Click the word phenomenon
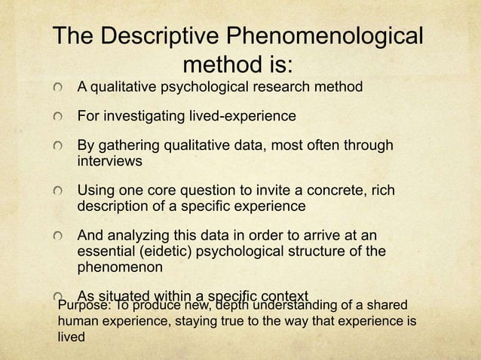(118, 266)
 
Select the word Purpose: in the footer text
(85, 306)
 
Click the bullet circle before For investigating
(59, 118)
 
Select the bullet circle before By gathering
(59, 145)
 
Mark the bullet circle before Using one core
(59, 189)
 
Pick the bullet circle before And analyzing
(59, 233)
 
